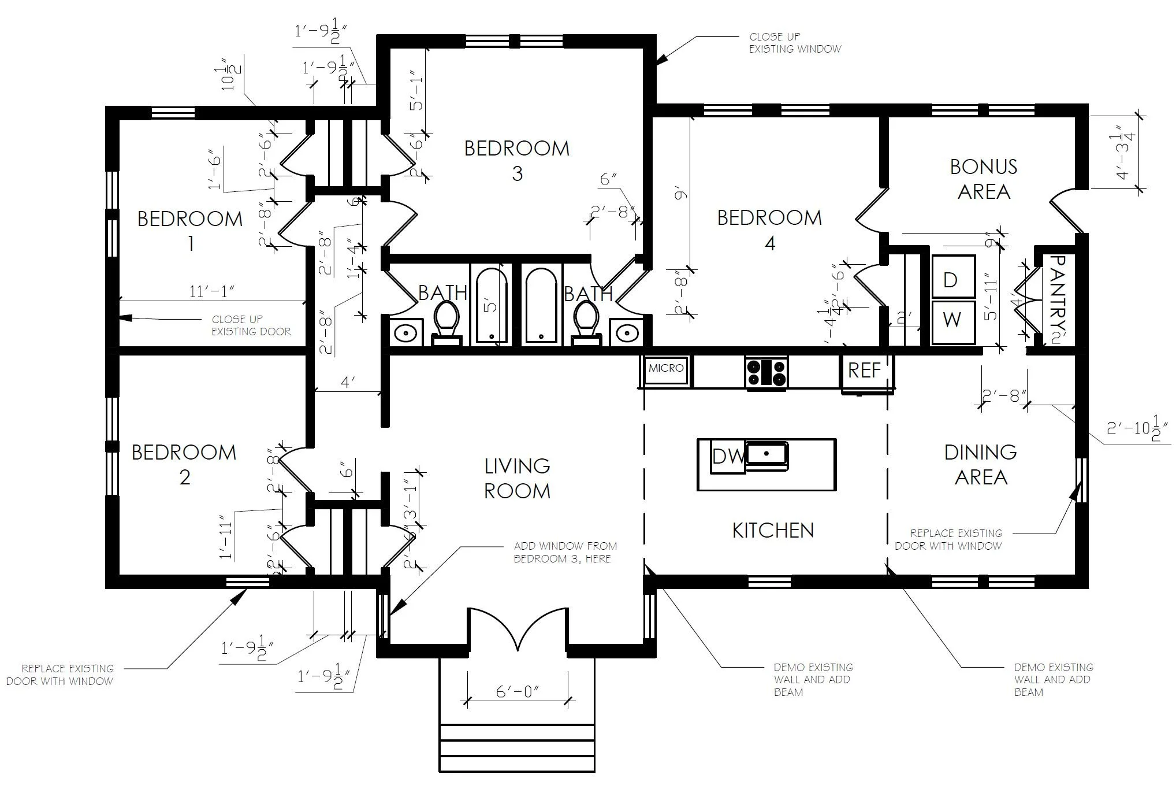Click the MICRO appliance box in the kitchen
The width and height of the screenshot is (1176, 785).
tap(665, 369)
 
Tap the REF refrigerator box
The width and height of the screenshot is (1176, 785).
tap(864, 371)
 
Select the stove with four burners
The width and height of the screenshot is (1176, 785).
tap(766, 372)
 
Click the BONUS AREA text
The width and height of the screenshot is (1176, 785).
tap(984, 179)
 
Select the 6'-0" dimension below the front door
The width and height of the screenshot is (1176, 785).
tap(518, 691)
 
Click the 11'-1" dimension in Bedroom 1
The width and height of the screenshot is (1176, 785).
tap(212, 291)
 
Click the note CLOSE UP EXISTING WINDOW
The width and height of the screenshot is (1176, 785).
tap(795, 43)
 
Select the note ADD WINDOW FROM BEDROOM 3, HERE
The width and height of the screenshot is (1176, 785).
tap(565, 552)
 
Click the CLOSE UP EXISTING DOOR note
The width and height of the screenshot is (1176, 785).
tap(251, 325)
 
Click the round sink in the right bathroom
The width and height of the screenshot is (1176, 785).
tap(627, 334)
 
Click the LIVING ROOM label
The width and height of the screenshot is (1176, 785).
tap(517, 478)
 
